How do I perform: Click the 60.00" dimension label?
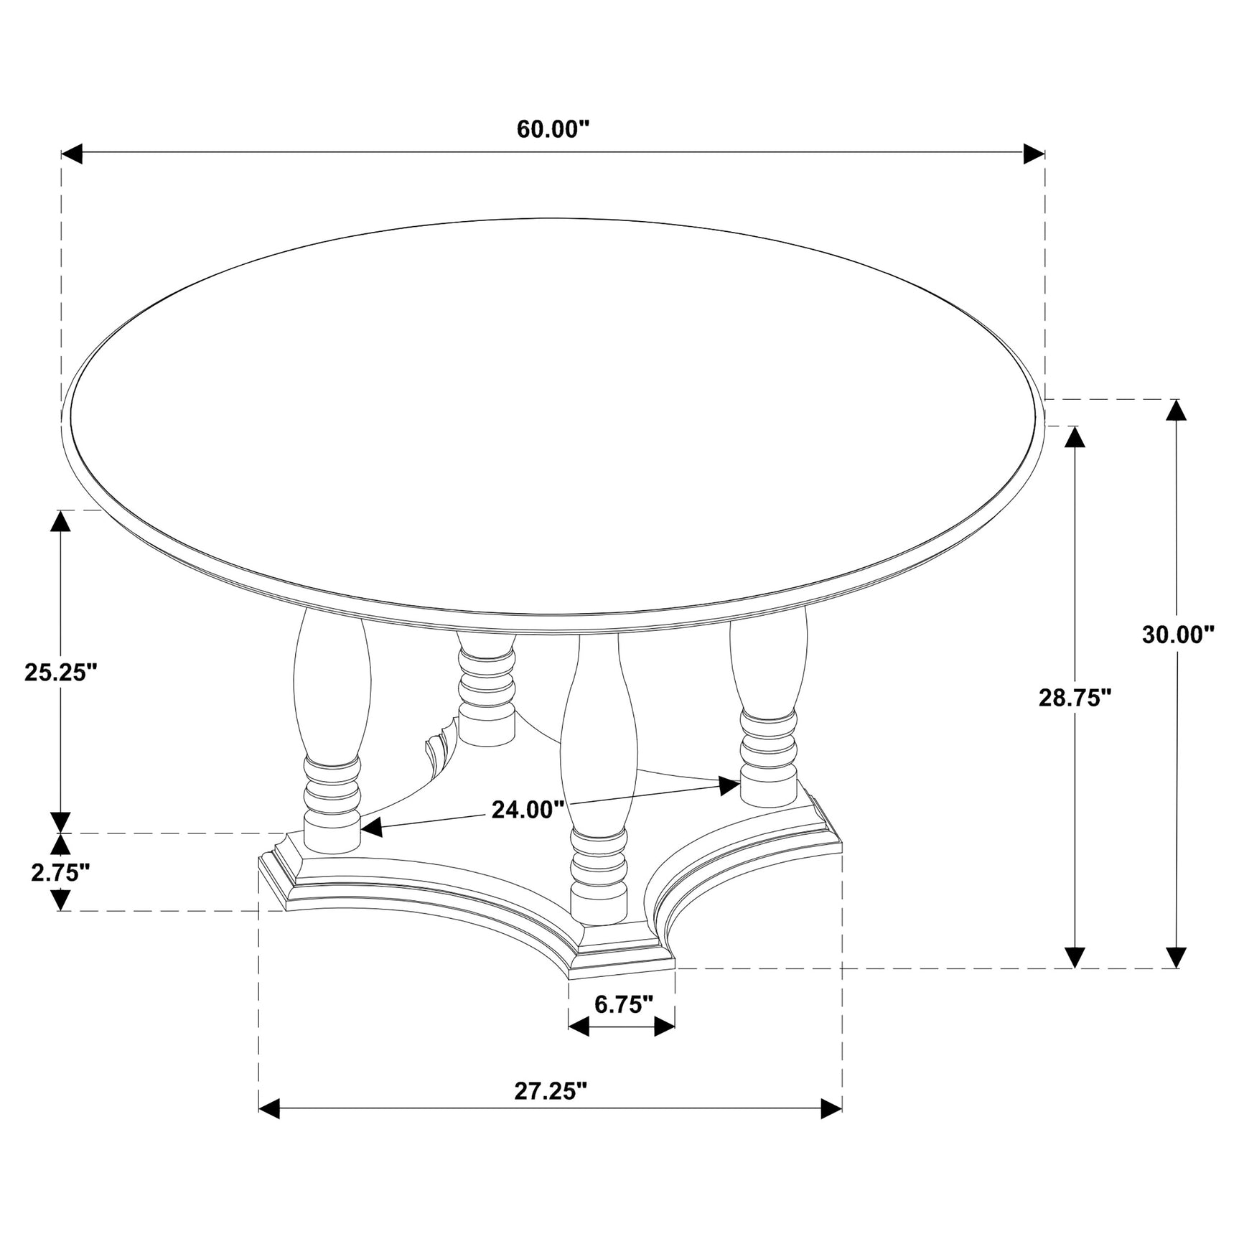[x=553, y=129]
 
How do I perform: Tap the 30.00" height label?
[x=1178, y=635]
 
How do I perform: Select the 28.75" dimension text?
[x=1075, y=697]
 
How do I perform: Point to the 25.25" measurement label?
[x=60, y=672]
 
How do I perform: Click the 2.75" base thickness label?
[x=60, y=871]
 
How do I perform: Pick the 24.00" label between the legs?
[x=528, y=810]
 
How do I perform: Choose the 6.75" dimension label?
[x=623, y=1004]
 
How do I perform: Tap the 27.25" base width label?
[x=551, y=1090]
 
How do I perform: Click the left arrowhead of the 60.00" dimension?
[x=72, y=153]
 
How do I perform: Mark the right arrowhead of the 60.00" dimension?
[x=1034, y=153]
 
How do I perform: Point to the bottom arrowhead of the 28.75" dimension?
[x=1074, y=957]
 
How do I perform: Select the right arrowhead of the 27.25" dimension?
[x=831, y=1128]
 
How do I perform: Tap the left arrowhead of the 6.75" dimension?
[x=579, y=1027]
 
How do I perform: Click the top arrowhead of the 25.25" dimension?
[x=60, y=520]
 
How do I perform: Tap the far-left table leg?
[x=332, y=732]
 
